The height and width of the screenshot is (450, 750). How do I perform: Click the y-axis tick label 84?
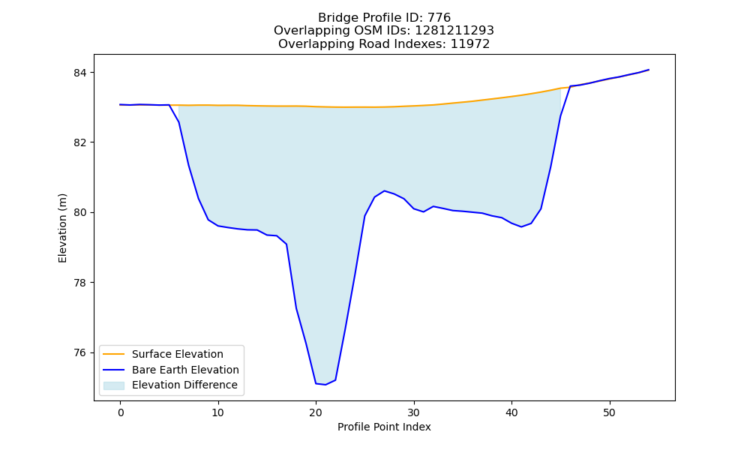[x=81, y=73]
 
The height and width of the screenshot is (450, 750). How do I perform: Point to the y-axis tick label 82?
[x=81, y=142]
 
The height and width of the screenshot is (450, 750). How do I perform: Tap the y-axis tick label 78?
[x=81, y=283]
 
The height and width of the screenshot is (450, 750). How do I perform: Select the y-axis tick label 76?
[x=81, y=353]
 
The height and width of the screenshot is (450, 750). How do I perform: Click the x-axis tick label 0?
[x=120, y=412]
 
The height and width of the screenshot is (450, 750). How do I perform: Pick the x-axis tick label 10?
[x=218, y=412]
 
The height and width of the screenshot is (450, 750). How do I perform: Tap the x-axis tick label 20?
[x=316, y=412]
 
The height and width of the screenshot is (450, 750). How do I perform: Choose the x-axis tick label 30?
[x=414, y=412]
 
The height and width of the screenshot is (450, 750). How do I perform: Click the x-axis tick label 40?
[x=511, y=412]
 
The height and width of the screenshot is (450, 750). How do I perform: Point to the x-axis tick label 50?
[x=609, y=412]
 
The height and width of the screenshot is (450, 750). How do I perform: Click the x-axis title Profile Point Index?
[x=384, y=427]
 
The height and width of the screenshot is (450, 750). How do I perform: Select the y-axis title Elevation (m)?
[x=62, y=228]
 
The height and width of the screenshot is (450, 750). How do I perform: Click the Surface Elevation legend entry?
[x=163, y=354]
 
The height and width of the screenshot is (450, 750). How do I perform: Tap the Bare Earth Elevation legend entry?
[x=171, y=370]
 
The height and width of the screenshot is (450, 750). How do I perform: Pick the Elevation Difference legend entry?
[x=170, y=385]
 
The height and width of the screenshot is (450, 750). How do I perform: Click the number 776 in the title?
[x=439, y=18]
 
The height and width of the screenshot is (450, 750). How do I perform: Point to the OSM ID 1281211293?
[x=454, y=31]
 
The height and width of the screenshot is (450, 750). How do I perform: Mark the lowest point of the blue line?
[x=325, y=385]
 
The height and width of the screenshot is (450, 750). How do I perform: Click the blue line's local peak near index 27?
[x=385, y=190]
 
